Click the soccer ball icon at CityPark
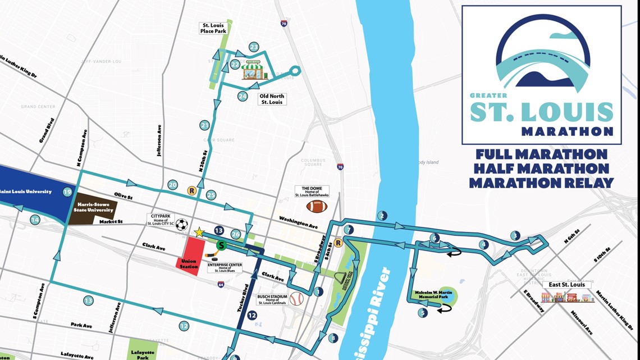point(181,225)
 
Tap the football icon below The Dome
point(316,206)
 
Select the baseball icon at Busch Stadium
point(296,298)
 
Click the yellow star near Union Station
point(199,233)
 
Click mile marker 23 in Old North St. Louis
point(254,47)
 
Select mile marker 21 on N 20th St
point(204,125)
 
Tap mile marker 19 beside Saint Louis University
point(67,192)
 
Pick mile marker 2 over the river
point(382,216)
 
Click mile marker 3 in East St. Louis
point(515,235)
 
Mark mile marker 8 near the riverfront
point(333,338)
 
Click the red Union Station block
point(189,256)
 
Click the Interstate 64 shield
point(221,285)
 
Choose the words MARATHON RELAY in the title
point(541,183)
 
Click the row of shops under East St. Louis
point(567,297)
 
